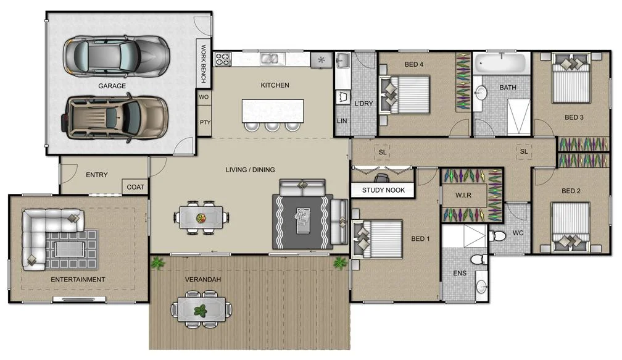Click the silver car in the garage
pyautogui.click(x=117, y=55)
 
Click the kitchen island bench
pyautogui.click(x=273, y=111)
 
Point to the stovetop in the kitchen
pyautogui.click(x=222, y=59)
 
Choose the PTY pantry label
pyautogui.click(x=204, y=122)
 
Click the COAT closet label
pyautogui.click(x=135, y=187)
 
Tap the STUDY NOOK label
pyautogui.click(x=383, y=190)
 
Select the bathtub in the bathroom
pyautogui.click(x=502, y=64)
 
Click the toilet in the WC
pyautogui.click(x=498, y=236)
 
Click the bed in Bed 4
pyautogui.click(x=405, y=94)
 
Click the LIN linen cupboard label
pyautogui.click(x=342, y=121)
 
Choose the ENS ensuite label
pyautogui.click(x=460, y=272)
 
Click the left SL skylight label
pyautogui.click(x=383, y=152)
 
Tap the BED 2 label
pyautogui.click(x=572, y=191)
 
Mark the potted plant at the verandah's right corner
pyautogui.click(x=339, y=264)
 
